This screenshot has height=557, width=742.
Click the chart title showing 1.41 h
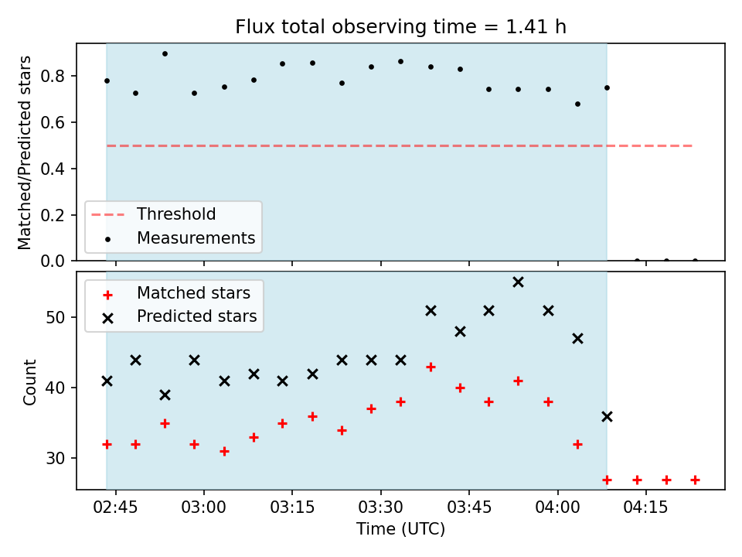click(x=401, y=26)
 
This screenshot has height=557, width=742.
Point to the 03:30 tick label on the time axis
click(x=380, y=507)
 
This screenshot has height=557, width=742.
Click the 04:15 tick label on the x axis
click(x=645, y=507)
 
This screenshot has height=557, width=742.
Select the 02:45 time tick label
click(x=115, y=507)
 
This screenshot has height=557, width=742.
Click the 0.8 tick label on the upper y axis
click(x=53, y=76)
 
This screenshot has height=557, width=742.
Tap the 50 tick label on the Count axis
click(x=56, y=317)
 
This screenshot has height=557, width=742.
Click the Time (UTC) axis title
click(x=401, y=529)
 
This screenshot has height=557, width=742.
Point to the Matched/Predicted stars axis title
click(x=24, y=152)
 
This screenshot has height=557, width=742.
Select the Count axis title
click(x=29, y=381)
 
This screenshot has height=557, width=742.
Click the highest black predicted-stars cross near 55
click(x=518, y=282)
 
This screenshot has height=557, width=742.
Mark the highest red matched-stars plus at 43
click(x=431, y=367)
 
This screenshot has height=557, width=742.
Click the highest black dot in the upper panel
click(x=165, y=54)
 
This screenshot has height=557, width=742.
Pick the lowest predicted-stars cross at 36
click(x=607, y=417)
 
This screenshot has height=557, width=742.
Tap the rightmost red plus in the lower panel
click(x=695, y=480)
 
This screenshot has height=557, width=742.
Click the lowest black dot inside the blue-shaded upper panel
click(x=577, y=104)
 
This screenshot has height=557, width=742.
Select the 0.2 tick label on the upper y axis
click(x=53, y=215)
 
